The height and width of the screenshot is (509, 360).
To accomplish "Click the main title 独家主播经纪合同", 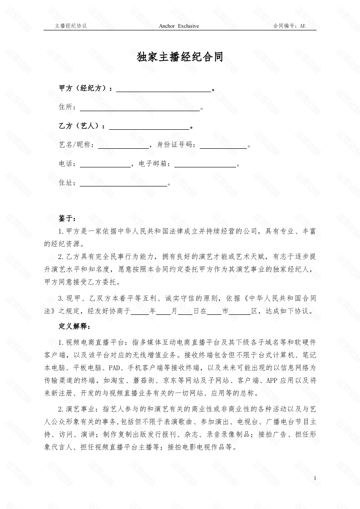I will pyautogui.click(x=180, y=57).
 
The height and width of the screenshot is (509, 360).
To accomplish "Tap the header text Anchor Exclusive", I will pyautogui.click(x=179, y=26).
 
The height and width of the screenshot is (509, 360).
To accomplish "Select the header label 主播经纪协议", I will pyautogui.click(x=70, y=26).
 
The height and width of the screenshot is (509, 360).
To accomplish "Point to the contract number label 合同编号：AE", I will pyautogui.click(x=289, y=26).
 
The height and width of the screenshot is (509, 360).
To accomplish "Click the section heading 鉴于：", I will pyautogui.click(x=68, y=219).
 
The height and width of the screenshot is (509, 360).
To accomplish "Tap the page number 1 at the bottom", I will pyautogui.click(x=315, y=479).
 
